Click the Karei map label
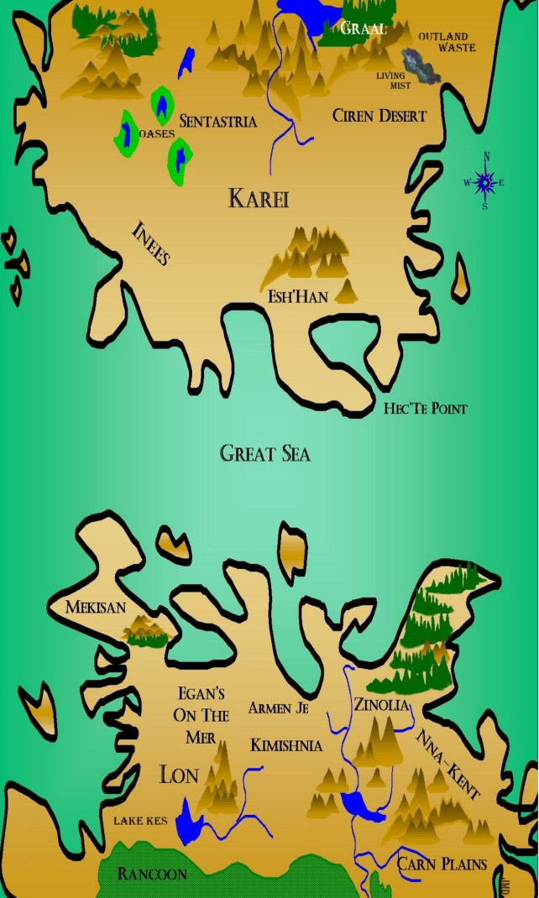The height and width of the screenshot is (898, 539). pos(259,199)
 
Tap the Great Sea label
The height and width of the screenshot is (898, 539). pos(265,454)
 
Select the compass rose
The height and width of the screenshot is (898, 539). pos(485,181)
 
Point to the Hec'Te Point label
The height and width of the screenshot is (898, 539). pos(425,409)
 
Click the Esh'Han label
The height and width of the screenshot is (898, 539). pos(298,295)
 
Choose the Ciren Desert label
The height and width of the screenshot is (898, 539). pos(379,116)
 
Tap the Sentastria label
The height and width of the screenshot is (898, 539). pos(217,122)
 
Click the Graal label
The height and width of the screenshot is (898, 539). pos(364,29)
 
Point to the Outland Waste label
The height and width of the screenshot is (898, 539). pos(447,42)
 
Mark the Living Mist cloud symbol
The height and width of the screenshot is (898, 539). pos(420,65)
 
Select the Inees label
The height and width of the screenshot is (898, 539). pos(151,243)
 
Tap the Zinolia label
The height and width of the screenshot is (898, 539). pos(381,705)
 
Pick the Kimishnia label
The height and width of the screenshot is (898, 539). pos(286,745)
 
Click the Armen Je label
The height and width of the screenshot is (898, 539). pos(279,708)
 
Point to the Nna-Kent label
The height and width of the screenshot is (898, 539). pos(448,764)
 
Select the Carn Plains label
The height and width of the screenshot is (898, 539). pos(442,864)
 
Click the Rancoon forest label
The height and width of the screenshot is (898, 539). pos(152,874)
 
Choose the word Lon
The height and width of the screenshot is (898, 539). pos(179,774)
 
